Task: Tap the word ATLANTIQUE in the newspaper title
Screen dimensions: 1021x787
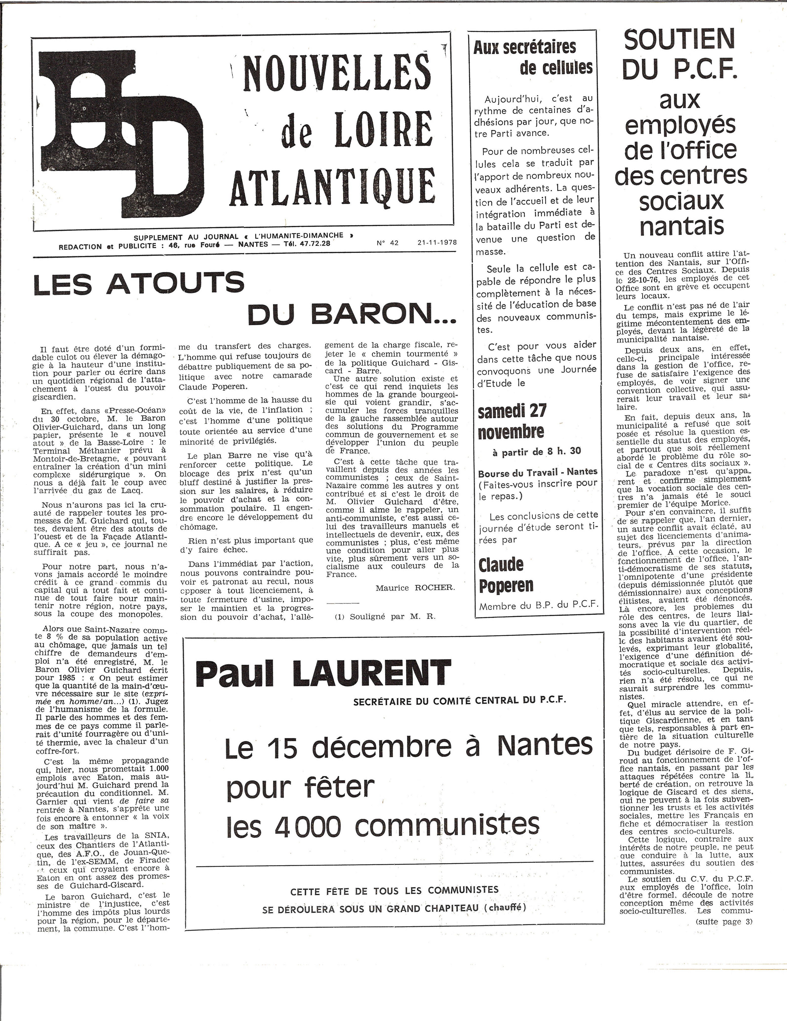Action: [x=333, y=187]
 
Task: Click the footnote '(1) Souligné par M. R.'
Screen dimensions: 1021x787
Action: [x=385, y=616]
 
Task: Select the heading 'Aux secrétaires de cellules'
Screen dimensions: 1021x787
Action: [x=532, y=58]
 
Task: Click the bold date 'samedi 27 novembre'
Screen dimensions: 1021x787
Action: [x=512, y=421]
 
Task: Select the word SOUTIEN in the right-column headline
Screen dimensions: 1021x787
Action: [x=680, y=40]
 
